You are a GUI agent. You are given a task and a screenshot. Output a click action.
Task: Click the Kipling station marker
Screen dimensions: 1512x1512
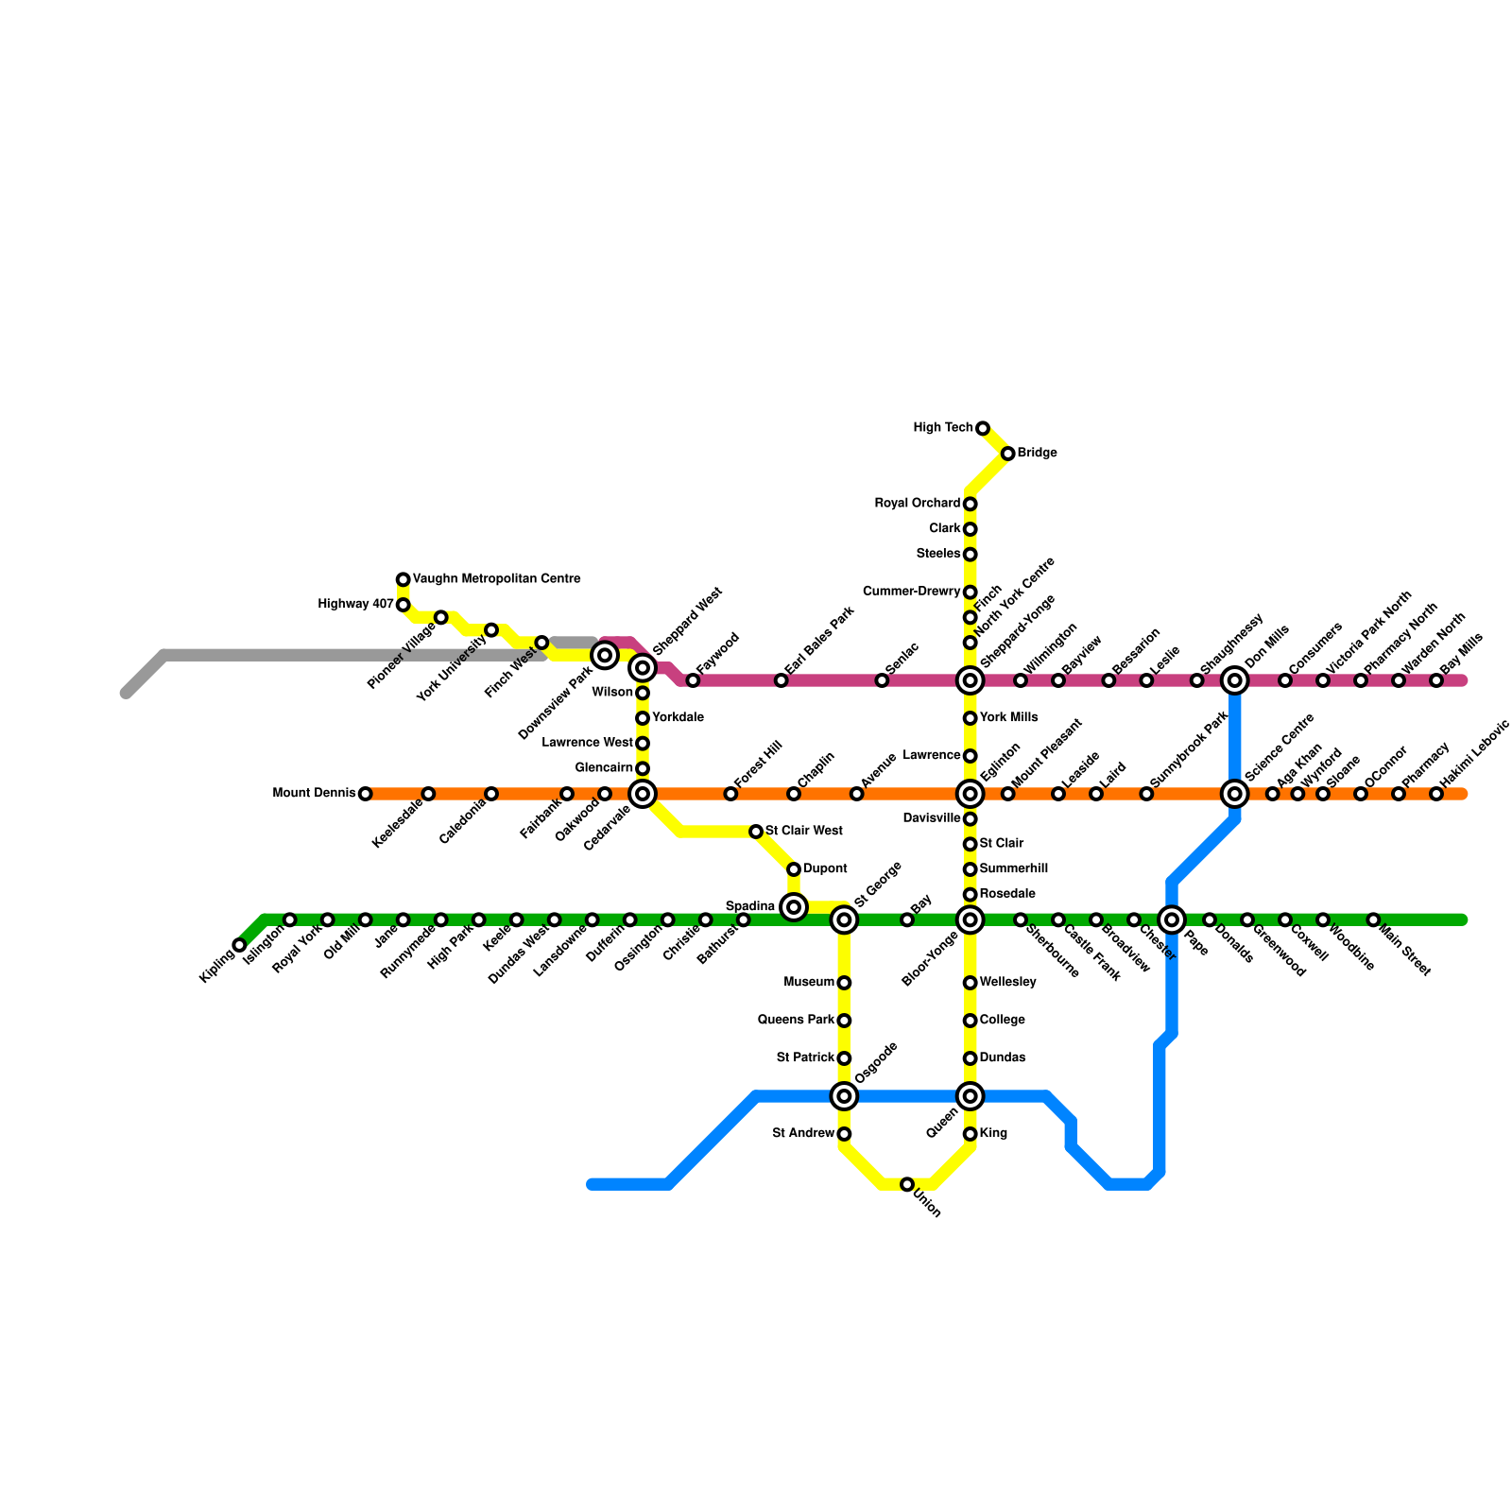click(239, 945)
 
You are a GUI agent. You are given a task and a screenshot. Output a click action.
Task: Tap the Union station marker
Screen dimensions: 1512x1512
click(907, 1184)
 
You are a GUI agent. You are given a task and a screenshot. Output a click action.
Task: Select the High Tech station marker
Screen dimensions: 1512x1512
click(983, 428)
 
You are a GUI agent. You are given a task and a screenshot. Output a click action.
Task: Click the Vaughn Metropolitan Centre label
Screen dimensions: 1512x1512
click(496, 579)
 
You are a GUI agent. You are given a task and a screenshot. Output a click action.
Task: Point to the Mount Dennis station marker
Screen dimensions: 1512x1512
click(365, 794)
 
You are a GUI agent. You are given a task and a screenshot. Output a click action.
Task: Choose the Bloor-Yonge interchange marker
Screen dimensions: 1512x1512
click(970, 919)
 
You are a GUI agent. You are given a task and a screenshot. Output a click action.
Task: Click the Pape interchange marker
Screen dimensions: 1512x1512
click(1172, 919)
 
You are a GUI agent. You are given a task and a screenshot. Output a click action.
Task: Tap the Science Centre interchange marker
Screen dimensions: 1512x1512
click(1234, 794)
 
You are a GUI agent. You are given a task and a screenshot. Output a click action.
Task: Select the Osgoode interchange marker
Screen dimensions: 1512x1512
click(844, 1096)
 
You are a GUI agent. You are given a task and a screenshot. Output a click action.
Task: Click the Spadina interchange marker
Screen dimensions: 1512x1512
click(794, 907)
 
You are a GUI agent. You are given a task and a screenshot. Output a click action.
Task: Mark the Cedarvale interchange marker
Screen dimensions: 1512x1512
click(643, 794)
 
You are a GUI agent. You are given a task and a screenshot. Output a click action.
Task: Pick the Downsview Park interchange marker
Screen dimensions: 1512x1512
click(605, 655)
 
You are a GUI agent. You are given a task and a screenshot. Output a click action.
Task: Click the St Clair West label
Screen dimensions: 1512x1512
click(803, 832)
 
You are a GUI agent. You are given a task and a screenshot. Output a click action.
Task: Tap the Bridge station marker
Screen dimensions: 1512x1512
click(1007, 454)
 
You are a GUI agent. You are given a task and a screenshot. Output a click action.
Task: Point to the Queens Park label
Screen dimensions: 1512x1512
click(796, 1021)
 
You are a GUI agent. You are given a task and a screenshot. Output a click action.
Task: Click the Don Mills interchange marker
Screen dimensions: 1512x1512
click(1234, 680)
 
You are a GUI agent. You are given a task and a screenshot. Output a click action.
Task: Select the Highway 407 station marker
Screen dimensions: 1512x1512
click(403, 605)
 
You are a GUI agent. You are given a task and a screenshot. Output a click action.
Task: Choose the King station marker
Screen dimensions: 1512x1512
click(970, 1134)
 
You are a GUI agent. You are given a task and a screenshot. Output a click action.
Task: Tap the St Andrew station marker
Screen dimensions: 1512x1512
click(844, 1134)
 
